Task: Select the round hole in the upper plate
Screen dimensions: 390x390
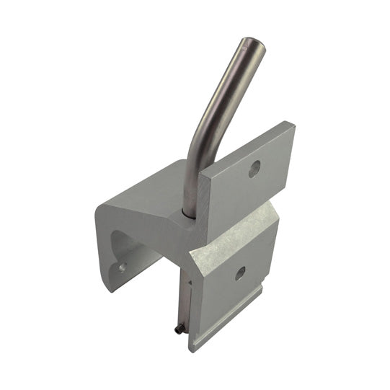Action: coord(253,169)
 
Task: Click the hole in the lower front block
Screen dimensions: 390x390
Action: coord(240,274)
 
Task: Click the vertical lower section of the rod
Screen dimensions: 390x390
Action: coord(189,180)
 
